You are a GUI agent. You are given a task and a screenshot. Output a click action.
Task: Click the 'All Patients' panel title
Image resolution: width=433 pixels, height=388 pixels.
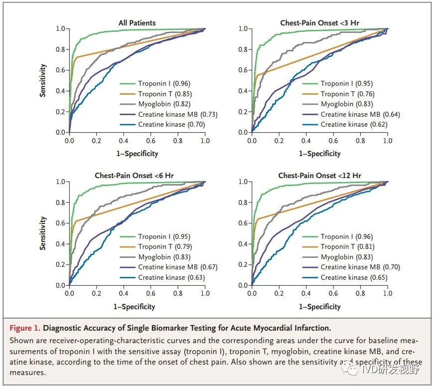(x=137, y=22)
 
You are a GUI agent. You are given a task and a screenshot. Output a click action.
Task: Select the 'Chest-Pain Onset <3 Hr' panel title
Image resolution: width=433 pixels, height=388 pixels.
(x=319, y=22)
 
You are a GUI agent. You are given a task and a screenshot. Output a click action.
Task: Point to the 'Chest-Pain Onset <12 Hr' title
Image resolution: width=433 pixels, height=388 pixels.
(x=319, y=176)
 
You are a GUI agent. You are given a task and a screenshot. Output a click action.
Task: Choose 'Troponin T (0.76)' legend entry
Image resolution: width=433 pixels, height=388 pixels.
(x=347, y=94)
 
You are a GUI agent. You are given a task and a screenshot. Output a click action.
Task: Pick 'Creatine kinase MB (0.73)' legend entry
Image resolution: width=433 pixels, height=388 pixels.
(x=178, y=114)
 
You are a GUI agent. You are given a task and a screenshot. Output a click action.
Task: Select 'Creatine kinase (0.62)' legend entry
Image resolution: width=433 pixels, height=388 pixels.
(x=354, y=124)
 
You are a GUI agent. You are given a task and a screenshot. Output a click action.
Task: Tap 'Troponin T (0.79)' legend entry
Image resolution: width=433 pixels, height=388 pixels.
(x=165, y=246)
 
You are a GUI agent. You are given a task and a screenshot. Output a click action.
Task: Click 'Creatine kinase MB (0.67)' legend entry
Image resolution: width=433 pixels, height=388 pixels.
(x=178, y=267)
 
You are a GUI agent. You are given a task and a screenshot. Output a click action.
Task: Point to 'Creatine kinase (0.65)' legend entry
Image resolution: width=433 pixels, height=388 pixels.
(x=354, y=277)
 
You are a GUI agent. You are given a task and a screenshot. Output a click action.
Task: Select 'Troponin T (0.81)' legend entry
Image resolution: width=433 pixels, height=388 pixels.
(x=347, y=246)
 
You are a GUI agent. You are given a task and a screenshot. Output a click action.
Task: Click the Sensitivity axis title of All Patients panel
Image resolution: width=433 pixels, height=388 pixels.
(x=43, y=80)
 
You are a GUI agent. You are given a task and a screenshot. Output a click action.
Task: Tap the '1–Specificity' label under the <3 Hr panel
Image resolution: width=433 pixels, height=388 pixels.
(x=319, y=154)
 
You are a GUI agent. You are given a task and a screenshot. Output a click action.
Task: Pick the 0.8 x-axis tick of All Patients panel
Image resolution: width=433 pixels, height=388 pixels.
(x=178, y=141)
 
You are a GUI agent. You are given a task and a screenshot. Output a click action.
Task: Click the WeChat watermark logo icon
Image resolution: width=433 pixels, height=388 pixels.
(x=353, y=370)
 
